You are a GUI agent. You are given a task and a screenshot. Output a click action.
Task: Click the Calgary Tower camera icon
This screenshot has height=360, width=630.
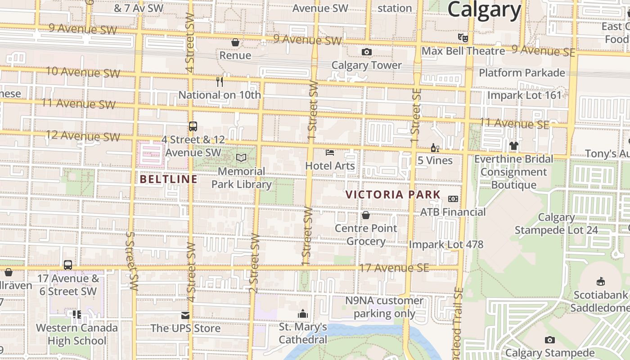pos(366,52)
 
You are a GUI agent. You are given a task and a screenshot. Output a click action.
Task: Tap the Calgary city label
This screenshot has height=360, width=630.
pos(484,9)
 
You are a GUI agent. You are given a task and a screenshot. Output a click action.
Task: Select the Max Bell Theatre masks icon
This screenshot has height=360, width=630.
pos(463,37)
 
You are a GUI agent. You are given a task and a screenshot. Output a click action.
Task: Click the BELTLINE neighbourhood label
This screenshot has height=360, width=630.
pos(168,179)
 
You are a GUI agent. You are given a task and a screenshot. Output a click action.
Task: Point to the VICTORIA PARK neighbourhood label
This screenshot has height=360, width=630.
pos(393,194)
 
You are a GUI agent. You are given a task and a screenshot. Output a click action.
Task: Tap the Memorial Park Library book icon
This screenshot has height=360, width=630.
pos(242,157)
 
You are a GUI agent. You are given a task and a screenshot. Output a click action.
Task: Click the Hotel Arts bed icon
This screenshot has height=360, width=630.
pos(330,153)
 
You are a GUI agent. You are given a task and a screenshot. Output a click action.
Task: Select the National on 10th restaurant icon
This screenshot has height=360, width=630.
pos(220,81)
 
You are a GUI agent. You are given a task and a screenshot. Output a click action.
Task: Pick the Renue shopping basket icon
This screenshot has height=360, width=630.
pos(235,42)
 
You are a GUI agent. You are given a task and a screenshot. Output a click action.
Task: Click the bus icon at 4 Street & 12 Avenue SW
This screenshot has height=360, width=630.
pos(193,126)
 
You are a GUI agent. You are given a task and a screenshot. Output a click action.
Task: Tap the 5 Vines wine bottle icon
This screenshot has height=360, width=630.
pos(435,148)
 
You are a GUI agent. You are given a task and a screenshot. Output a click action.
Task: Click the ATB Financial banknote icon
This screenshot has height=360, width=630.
pos(453,199)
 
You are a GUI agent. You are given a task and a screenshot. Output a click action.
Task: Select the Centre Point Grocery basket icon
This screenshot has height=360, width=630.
pos(366,215)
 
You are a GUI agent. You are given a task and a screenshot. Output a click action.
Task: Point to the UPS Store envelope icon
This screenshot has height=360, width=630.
pos(185,315)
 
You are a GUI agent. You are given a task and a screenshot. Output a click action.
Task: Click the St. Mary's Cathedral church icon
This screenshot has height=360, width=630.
pos(303,313)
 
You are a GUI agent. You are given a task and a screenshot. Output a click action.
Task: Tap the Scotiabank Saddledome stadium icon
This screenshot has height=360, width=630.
pos(600,282)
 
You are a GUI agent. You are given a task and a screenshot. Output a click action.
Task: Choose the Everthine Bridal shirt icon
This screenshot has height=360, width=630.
pos(513,146)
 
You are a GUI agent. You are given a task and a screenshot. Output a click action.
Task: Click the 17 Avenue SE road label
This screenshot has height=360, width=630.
pos(394,268)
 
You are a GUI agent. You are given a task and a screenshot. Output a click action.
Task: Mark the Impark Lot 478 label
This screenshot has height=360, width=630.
pos(446,244)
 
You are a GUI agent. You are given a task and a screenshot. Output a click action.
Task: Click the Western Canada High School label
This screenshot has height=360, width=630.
pos(76,334)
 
